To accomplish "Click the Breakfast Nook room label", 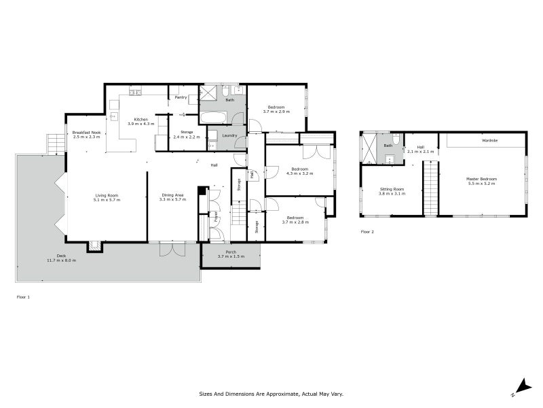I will coord(86,132).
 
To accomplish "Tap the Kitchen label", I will coord(141,120).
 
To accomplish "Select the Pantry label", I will coord(181,97).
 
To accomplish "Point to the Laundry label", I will coord(229,135).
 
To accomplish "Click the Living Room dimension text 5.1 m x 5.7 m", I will coord(107,200).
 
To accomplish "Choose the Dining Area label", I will coord(173,194).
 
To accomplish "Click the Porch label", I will coord(231,252).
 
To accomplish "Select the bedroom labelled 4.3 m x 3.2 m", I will coord(299,173).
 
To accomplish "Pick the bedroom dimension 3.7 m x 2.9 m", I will coord(276,112).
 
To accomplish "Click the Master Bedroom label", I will coord(481,179).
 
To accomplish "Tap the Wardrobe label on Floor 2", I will coord(489,140).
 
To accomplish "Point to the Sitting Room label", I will coord(391,189).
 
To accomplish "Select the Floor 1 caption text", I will coord(23,296).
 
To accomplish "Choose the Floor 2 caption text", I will coord(367,232).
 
